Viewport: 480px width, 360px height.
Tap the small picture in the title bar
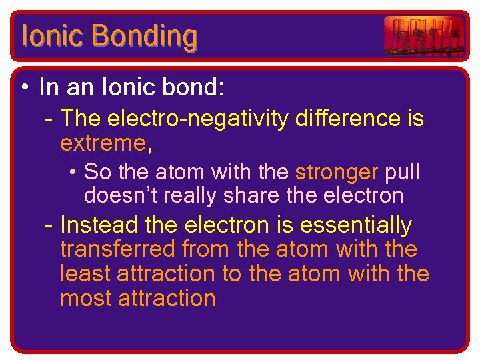(x=423, y=36)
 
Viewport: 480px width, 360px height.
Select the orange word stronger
(x=337, y=172)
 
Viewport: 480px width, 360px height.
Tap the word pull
(x=403, y=172)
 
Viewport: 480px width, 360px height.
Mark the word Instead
(x=99, y=225)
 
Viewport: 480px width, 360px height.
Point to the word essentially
(x=355, y=225)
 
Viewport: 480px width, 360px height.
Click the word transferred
(x=117, y=249)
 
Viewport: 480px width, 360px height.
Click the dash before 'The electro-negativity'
(x=47, y=119)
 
